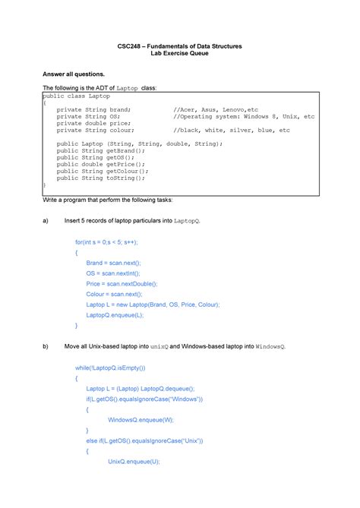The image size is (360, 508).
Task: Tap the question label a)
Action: pyautogui.click(x=46, y=219)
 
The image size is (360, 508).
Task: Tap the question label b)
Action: pyautogui.click(x=46, y=346)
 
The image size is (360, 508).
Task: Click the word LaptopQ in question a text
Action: pyautogui.click(x=186, y=220)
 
